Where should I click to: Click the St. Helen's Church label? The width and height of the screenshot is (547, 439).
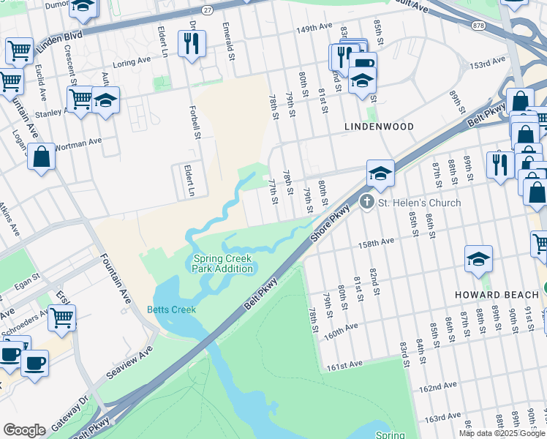coord(419,203)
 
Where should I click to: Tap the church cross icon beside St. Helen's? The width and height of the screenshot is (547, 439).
coord(367,201)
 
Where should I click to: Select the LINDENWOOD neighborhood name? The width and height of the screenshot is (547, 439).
coord(379,127)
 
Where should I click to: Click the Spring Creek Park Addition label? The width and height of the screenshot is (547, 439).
coord(223,263)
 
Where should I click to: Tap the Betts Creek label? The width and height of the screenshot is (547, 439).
coord(172,309)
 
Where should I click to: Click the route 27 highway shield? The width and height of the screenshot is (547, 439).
coord(208,10)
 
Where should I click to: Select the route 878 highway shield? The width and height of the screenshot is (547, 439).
coord(479,25)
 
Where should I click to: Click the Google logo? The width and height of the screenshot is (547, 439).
coord(24,430)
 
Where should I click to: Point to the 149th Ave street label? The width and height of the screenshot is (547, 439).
coord(314,28)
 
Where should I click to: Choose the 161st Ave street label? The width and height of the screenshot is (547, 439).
coord(346,364)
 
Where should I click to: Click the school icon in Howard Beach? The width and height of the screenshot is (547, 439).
coord(478,258)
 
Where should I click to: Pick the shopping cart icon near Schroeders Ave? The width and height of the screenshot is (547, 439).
coord(62,318)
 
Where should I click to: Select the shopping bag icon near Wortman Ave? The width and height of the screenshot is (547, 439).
coord(42,156)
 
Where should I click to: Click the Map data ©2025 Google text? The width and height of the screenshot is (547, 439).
coord(502,433)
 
